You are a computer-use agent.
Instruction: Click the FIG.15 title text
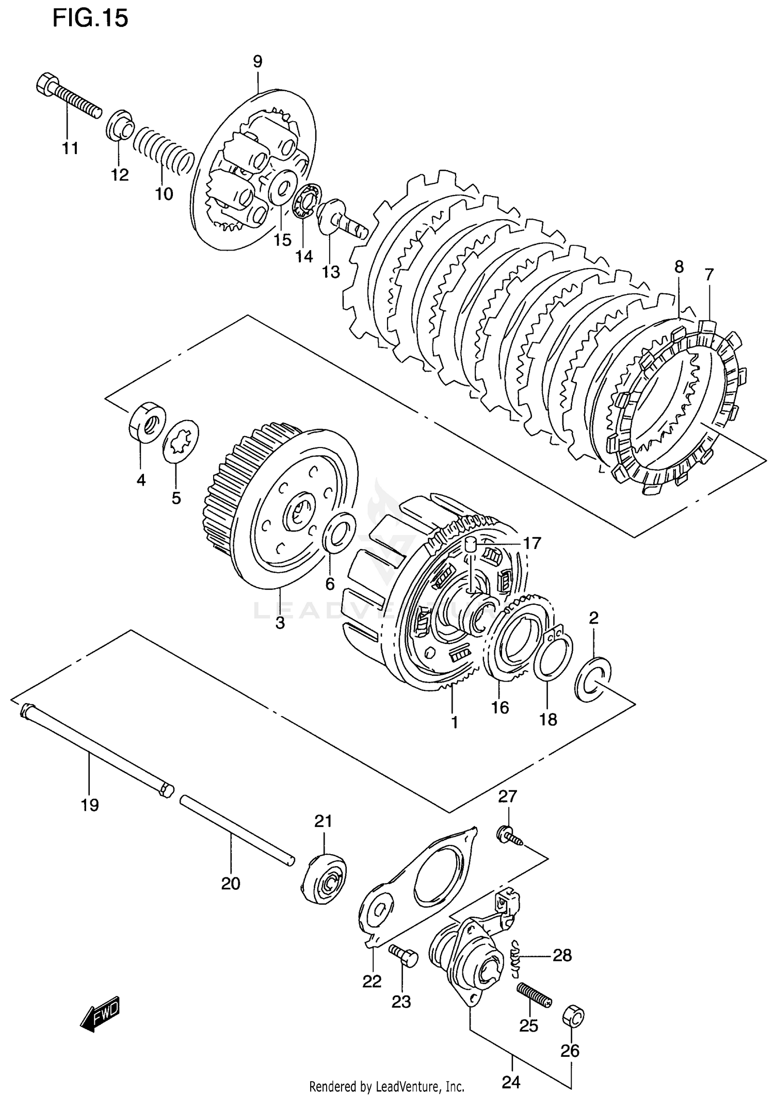[x=90, y=19]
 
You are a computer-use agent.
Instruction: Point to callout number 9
[x=257, y=62]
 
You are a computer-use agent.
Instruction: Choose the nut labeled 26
[x=573, y=1014]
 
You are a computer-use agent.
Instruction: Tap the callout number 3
[x=280, y=623]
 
